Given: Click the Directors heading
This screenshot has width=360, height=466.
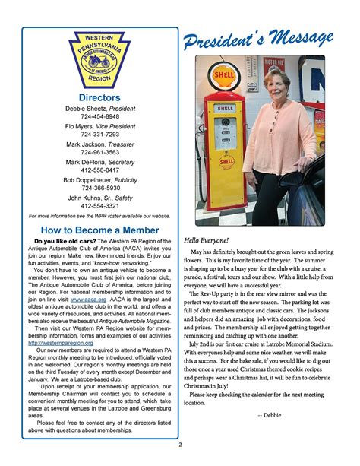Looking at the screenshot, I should tap(99, 98).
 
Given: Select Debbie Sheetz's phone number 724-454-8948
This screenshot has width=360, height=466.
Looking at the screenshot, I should tap(99, 117).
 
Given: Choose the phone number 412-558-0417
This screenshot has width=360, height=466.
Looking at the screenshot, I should tap(99, 170).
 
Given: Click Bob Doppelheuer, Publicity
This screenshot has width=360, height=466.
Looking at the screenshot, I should tap(99, 179).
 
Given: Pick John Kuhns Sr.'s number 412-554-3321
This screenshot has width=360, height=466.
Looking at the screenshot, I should tap(99, 205).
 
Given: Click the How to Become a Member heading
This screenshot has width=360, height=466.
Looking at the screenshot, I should tap(99, 229).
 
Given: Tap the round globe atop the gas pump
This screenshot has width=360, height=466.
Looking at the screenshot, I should tap(226, 76).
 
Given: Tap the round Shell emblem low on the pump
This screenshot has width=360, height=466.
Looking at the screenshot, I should tap(226, 162).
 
